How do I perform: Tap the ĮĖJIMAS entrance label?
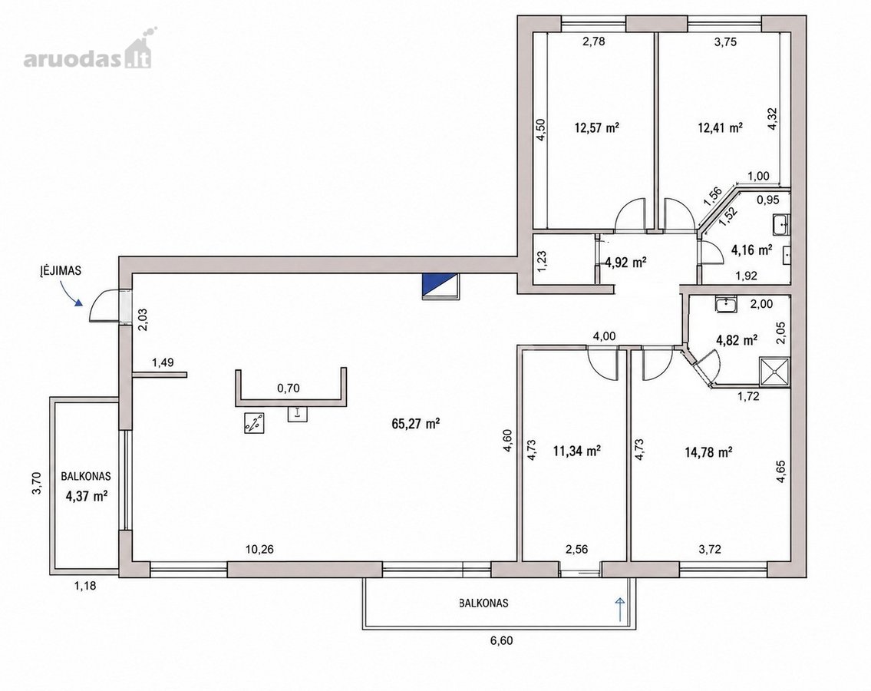pyautogui.click(x=61, y=271)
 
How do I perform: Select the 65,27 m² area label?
pyautogui.click(x=416, y=424)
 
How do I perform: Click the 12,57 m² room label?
pyautogui.click(x=597, y=128)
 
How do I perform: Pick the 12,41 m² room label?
pyautogui.click(x=721, y=128)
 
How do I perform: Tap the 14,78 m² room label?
pyautogui.click(x=708, y=452)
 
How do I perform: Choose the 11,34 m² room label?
pyautogui.click(x=576, y=451)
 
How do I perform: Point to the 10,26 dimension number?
pyautogui.click(x=260, y=550)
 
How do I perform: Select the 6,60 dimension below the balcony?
pyautogui.click(x=502, y=640)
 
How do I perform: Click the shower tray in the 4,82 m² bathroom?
pyautogui.click(x=774, y=371)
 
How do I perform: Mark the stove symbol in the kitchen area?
pyautogui.click(x=254, y=424)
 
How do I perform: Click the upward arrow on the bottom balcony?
pyautogui.click(x=619, y=609)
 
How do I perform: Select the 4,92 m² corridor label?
pyautogui.click(x=625, y=262)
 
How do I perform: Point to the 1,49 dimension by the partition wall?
pyautogui.click(x=163, y=362)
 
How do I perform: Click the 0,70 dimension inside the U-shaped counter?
pyautogui.click(x=289, y=388)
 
